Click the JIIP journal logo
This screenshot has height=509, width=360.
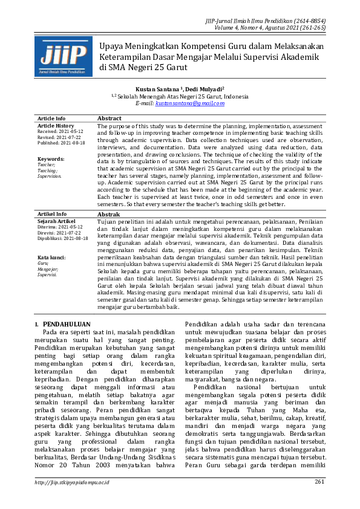pos(64,56)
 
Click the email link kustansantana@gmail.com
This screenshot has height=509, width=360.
pos(189,103)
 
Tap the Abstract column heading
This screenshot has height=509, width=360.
pos(110,118)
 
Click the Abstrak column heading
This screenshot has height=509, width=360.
pos(109,214)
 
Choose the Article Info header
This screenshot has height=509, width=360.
pos(51,118)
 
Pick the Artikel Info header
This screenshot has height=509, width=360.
pos(52,214)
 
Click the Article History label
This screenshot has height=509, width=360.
pos(56,125)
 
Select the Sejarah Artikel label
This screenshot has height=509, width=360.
pos(56,221)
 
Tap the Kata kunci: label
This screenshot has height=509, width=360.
pos(51,257)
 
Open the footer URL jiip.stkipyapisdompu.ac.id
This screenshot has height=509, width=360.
pos(71,482)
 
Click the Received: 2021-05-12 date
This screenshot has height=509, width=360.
pos(61,131)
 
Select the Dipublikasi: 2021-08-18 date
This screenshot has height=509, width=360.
pos(62,238)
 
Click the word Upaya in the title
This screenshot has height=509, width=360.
pos(111,47)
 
